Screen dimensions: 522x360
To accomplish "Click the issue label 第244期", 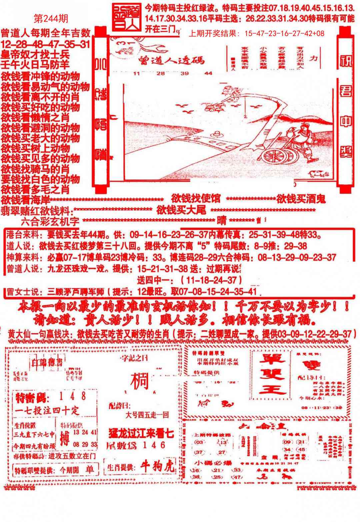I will tap(51, 19).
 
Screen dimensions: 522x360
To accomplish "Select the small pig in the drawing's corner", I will tap(317, 173).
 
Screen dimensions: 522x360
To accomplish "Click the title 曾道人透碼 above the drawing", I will tap(171, 60).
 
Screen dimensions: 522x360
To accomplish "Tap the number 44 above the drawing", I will tap(208, 73).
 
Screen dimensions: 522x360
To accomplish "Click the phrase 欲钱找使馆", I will tap(196, 199).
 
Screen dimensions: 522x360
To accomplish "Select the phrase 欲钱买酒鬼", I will tap(301, 199).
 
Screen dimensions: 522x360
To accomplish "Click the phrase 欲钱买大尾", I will tap(181, 210).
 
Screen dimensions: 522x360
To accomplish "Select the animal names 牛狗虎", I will tap(157, 466).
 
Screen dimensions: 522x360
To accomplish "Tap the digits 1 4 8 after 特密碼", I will tap(73, 396).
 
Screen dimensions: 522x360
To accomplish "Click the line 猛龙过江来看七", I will tap(141, 434).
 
